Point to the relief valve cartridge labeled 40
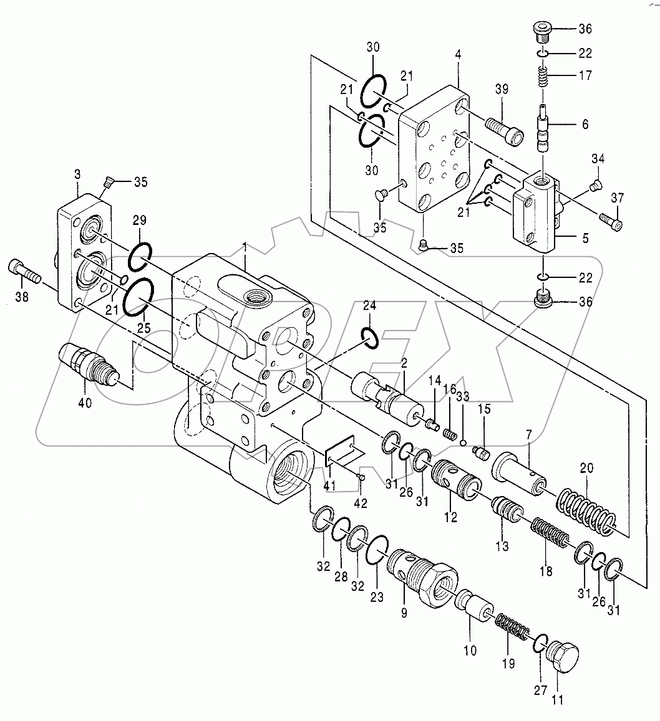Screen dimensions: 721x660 (86, 365)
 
